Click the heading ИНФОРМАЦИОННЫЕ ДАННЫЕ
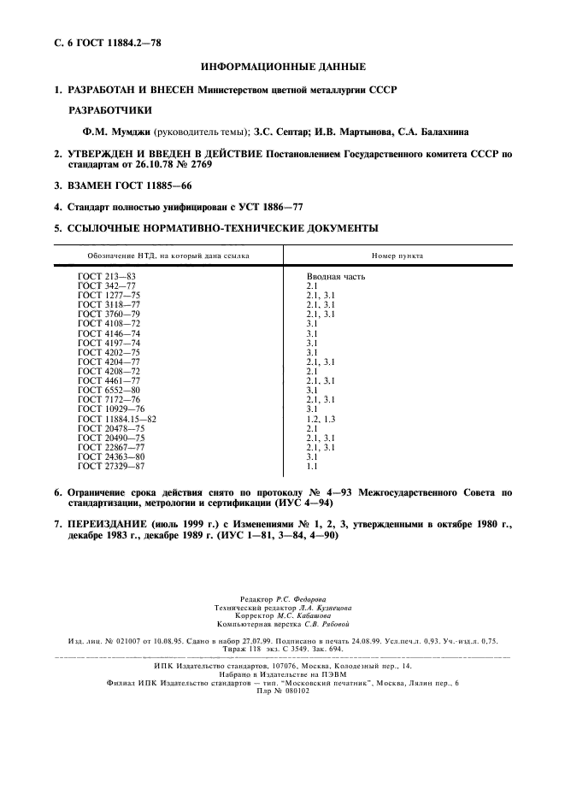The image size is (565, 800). pos(282,67)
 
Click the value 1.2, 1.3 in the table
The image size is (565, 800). pos(321,420)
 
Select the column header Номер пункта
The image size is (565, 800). pos(397,256)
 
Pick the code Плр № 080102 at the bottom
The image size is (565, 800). pos(282,691)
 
